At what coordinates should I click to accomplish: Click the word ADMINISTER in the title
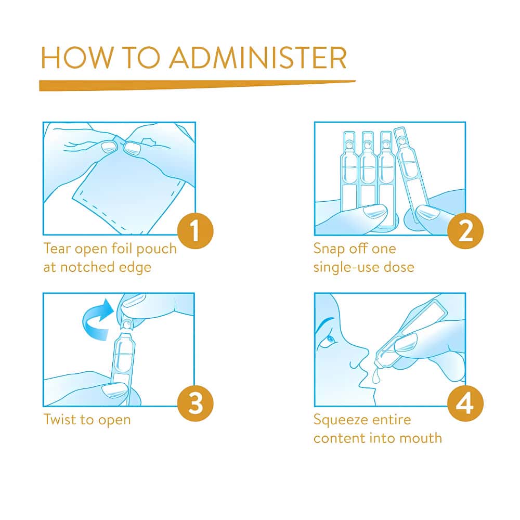(258, 58)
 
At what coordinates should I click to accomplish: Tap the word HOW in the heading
(77, 58)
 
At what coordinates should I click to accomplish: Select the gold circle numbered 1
(196, 231)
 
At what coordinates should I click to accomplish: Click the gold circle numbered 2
(465, 231)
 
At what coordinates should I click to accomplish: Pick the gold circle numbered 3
(196, 404)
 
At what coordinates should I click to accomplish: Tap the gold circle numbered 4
(465, 404)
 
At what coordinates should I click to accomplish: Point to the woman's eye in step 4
(330, 340)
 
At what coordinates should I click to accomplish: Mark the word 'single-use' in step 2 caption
(346, 267)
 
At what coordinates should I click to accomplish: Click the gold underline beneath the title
(197, 85)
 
